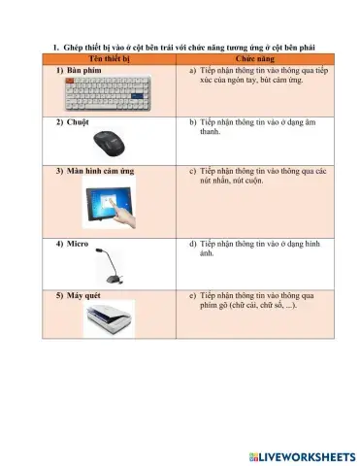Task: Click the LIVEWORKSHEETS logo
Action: coord(302,454)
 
